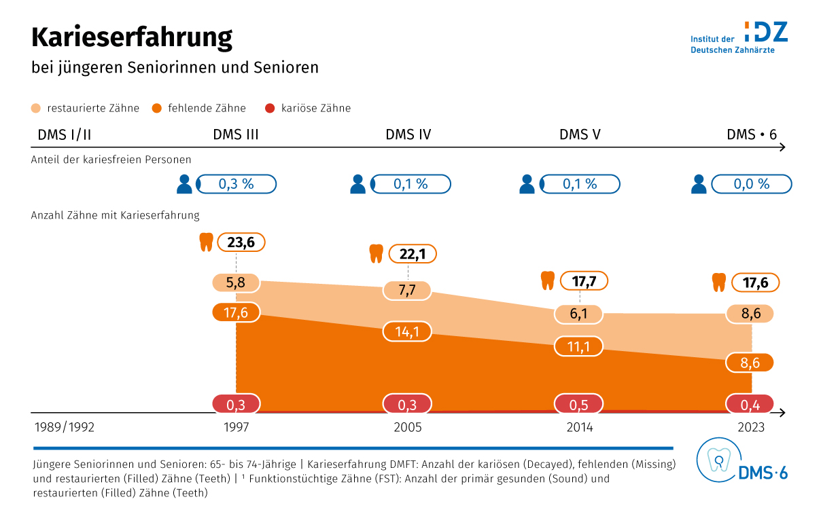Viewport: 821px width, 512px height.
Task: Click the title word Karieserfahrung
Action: (132, 37)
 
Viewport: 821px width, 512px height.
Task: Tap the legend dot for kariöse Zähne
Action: (270, 108)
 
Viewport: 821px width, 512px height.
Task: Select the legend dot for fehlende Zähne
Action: (156, 108)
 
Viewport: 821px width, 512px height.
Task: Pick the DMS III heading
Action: (236, 134)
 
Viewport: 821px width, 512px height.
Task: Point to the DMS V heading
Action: (580, 134)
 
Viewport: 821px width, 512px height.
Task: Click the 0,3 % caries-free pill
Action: (236, 184)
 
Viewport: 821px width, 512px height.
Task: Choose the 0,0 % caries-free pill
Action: (751, 184)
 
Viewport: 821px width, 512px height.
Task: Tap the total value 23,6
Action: (241, 242)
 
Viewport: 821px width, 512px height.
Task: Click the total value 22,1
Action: (412, 254)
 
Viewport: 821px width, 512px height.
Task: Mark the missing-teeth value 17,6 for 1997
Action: (236, 312)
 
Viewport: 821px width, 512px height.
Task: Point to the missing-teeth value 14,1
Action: (407, 332)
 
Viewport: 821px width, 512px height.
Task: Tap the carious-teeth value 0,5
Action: (579, 405)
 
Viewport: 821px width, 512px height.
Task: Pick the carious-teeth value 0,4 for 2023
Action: (750, 405)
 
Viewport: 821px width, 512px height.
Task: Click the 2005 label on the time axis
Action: (408, 428)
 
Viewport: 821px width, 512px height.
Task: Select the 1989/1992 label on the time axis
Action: (65, 428)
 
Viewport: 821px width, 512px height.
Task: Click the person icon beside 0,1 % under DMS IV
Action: (357, 184)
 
